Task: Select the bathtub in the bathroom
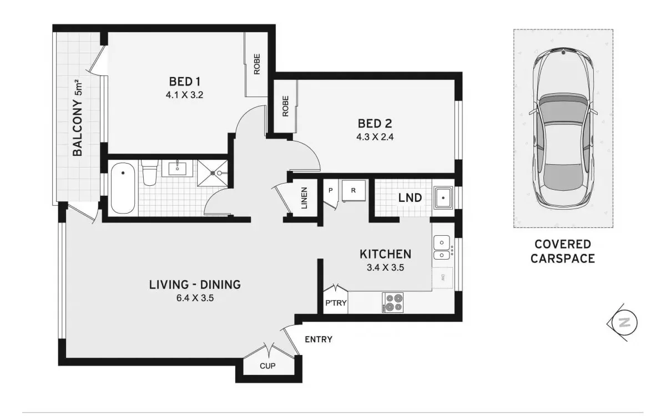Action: [x=122, y=188]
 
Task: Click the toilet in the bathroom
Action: [x=149, y=173]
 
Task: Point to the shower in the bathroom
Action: [x=213, y=173]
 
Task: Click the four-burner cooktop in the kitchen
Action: [x=393, y=302]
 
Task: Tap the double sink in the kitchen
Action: [x=441, y=248]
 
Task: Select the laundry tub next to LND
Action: [x=443, y=197]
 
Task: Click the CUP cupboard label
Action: [x=268, y=366]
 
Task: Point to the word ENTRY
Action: [x=319, y=339]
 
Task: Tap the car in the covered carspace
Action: [x=563, y=128]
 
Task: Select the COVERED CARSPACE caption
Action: [x=563, y=251]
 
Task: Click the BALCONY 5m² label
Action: [x=78, y=119]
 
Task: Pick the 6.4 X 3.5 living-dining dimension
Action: [x=194, y=298]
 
